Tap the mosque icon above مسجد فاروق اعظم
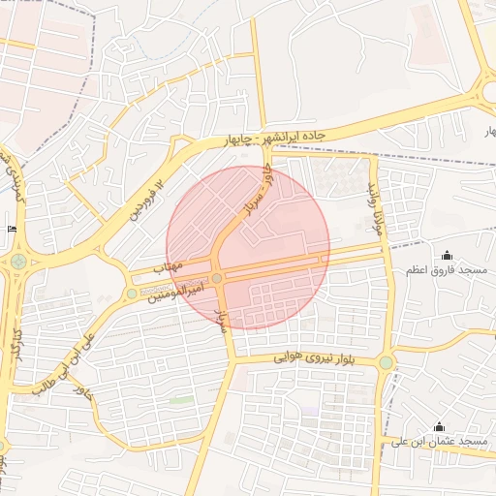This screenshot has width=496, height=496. tap(447, 255)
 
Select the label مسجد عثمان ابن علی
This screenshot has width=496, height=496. tap(447, 442)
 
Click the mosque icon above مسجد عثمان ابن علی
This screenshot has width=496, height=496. tap(439, 426)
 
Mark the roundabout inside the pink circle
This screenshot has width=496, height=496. tap(218, 279)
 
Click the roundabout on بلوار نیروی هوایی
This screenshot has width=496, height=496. tap(387, 363)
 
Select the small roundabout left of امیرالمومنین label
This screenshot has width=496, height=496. tap(132, 293)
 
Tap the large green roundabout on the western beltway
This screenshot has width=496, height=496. tap(17, 262)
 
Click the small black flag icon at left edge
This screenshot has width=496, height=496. tap(11, 229)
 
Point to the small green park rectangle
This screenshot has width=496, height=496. tap(182, 399)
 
